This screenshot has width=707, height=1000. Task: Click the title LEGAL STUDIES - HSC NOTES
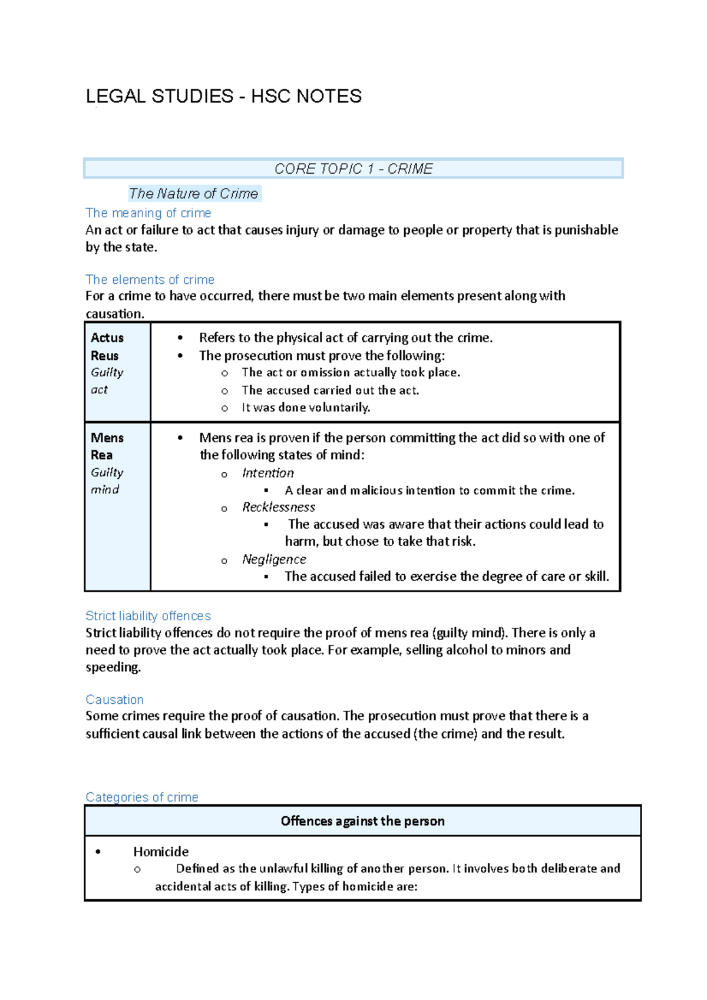coord(224,96)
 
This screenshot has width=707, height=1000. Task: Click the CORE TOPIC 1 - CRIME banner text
coord(353,169)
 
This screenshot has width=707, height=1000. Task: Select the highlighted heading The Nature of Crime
coord(194,193)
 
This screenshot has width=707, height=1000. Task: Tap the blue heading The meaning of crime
coord(148,213)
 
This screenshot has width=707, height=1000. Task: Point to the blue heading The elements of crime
coord(150,279)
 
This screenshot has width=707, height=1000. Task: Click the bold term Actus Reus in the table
coord(107,346)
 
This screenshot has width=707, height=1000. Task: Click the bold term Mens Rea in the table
coord(107,446)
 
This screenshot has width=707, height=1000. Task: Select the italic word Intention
coord(267,473)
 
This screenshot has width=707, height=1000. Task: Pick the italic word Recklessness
coord(279,507)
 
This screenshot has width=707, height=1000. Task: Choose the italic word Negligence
coord(274,559)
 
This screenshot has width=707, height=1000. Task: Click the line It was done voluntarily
coord(306,408)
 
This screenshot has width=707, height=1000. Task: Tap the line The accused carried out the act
coord(330,390)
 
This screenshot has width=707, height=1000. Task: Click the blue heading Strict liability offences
coord(148,615)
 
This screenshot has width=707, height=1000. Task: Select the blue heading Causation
coord(114,699)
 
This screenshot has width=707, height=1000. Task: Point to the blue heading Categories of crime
coord(141,797)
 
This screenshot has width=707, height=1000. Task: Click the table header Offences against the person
coord(362,821)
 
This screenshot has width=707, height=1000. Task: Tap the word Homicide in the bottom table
coord(161,852)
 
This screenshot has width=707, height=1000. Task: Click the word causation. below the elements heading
coord(114,313)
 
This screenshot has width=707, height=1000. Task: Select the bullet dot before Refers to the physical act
coord(180,338)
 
